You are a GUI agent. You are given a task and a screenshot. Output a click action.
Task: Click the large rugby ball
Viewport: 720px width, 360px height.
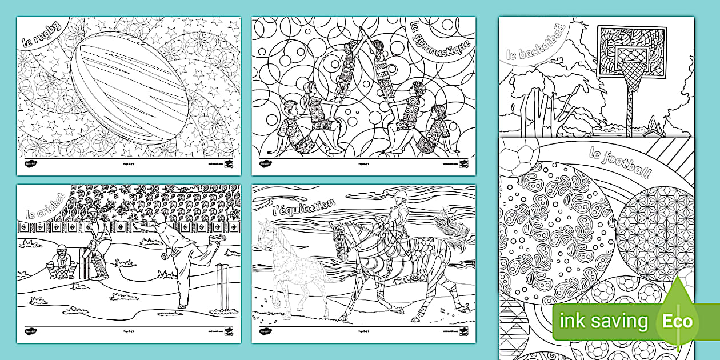[130, 95]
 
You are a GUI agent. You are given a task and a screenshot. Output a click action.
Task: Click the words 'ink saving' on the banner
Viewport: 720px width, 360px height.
[603, 321]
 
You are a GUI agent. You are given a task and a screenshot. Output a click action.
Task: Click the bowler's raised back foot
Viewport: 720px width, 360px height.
[215, 236]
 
